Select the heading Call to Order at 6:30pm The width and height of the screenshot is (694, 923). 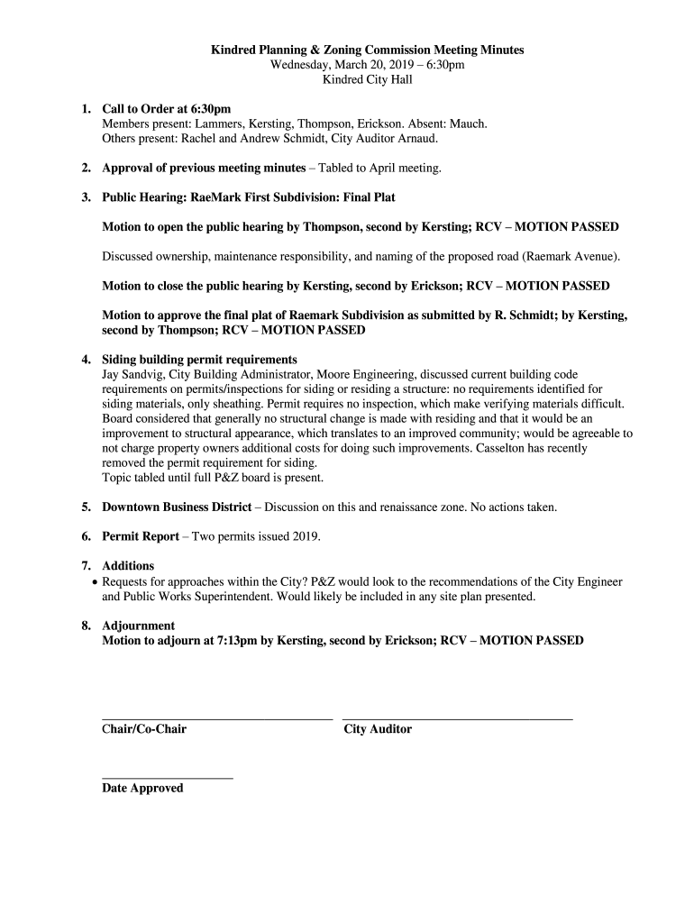[167, 109]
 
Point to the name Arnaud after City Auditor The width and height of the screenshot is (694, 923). [417, 138]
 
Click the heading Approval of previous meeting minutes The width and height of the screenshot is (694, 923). [204, 168]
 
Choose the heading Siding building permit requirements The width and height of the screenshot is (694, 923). [199, 360]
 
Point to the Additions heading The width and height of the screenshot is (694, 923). [128, 566]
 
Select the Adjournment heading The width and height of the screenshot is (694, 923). [138, 626]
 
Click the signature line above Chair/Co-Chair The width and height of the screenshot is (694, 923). [217, 718]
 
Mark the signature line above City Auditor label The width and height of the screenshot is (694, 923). [457, 718]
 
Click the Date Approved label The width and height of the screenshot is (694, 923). [142, 788]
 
